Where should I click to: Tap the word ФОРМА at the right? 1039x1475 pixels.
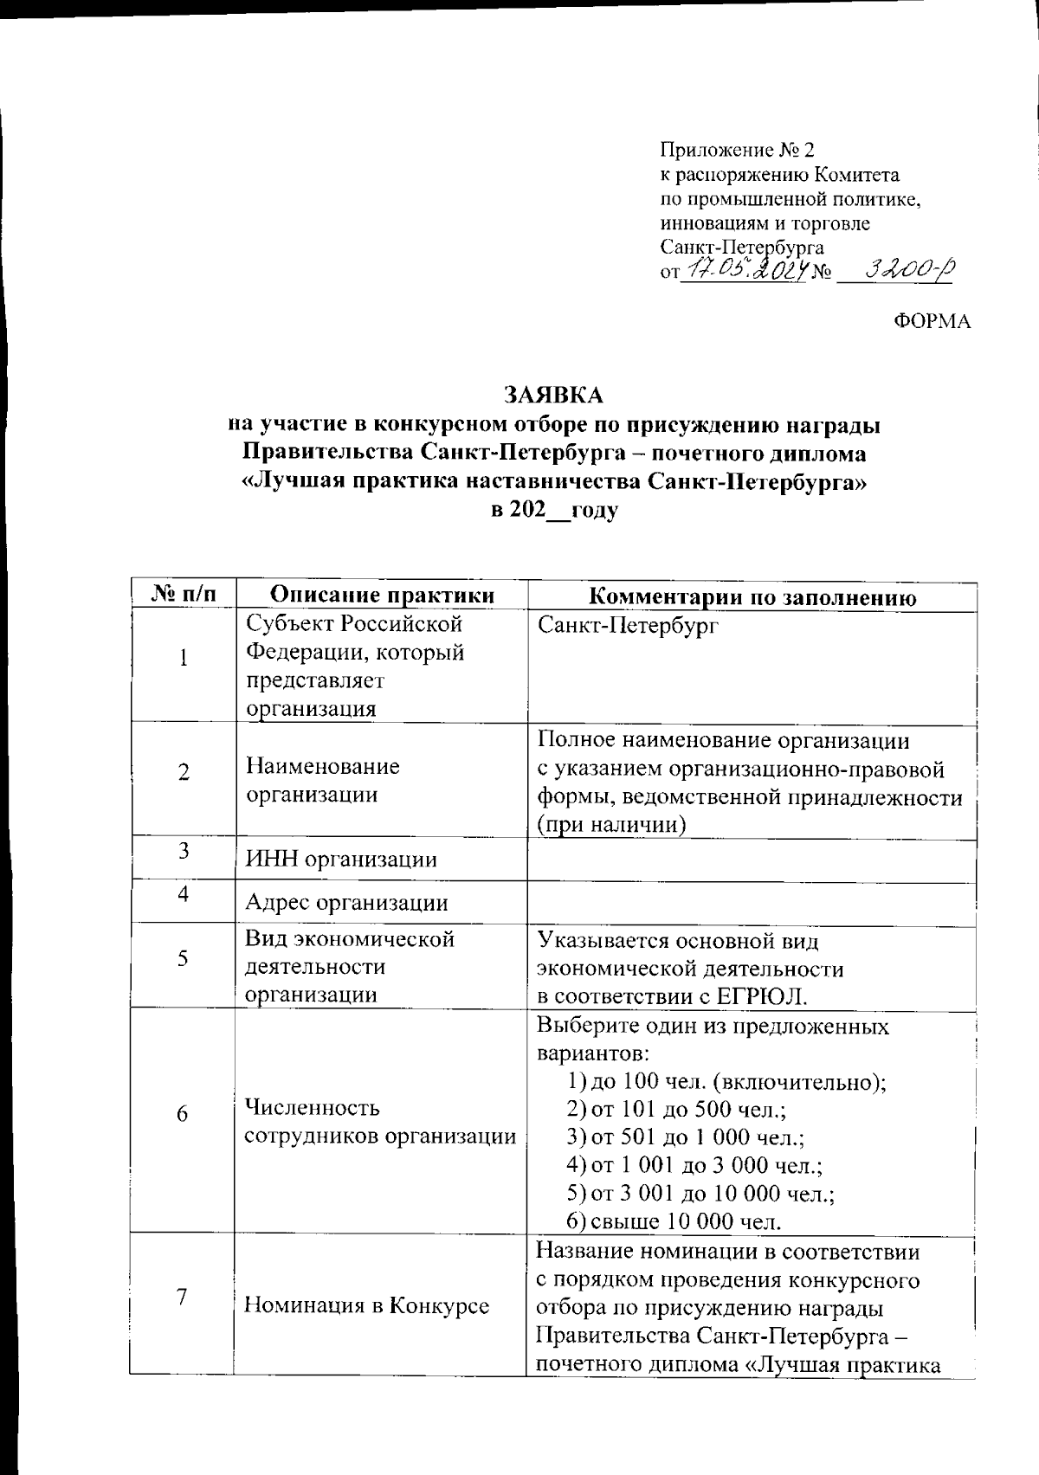(x=932, y=322)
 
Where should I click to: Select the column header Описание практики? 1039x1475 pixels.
(x=383, y=596)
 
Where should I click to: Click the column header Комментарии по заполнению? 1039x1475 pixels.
(x=752, y=597)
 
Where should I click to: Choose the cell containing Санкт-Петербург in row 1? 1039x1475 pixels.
(x=628, y=626)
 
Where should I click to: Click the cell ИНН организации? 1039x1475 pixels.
(x=341, y=860)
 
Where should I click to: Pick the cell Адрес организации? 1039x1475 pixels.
(x=346, y=903)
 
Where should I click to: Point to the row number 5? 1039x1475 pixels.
(x=183, y=958)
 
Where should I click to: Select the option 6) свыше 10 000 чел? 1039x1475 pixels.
(x=674, y=1221)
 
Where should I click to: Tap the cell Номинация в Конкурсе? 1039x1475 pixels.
(x=366, y=1305)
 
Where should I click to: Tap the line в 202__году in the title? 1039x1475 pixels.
(x=554, y=510)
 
